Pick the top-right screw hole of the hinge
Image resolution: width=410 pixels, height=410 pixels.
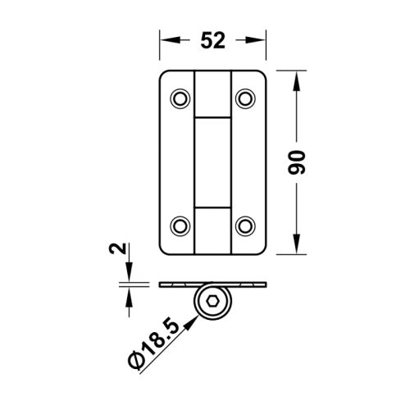pyautogui.click(x=244, y=98)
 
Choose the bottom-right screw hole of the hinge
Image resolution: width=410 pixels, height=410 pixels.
pyautogui.click(x=244, y=224)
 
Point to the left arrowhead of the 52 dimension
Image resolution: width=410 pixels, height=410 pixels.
pyautogui.click(x=165, y=39)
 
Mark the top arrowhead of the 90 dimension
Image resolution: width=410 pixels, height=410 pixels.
pyautogui.click(x=296, y=76)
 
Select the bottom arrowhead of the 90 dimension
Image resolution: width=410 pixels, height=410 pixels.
pyautogui.click(x=296, y=248)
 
